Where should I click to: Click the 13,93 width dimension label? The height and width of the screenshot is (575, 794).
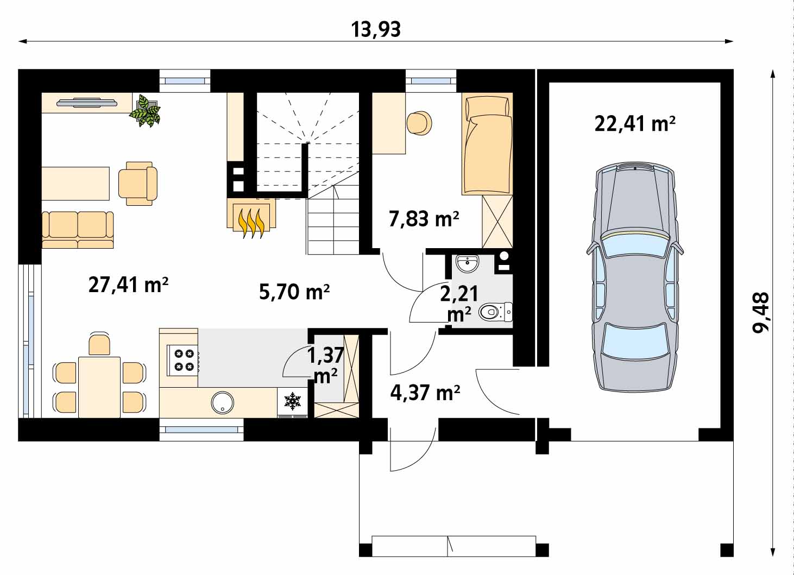[x=376, y=30]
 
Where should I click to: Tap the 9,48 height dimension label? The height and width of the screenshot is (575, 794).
[x=761, y=313]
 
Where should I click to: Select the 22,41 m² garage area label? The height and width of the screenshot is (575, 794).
[x=635, y=124]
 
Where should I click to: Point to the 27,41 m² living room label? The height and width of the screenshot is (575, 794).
[x=128, y=285]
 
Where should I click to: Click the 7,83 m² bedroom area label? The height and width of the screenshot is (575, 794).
[x=424, y=219]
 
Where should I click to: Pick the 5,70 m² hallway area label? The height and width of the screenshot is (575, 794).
[x=294, y=292]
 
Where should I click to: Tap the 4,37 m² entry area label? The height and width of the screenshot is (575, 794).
[x=425, y=393]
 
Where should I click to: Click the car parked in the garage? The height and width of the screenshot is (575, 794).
[x=634, y=277]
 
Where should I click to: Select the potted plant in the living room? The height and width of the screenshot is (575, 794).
[x=145, y=110]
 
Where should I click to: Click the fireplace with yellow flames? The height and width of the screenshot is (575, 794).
[x=251, y=218]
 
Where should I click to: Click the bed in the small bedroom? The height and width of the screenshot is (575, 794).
[x=487, y=144]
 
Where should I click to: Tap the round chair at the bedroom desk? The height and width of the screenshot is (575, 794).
[x=420, y=123]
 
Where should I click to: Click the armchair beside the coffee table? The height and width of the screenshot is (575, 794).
[x=138, y=184]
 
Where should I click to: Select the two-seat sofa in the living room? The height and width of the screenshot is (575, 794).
[x=78, y=230]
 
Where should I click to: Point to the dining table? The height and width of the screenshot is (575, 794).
[x=99, y=387]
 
